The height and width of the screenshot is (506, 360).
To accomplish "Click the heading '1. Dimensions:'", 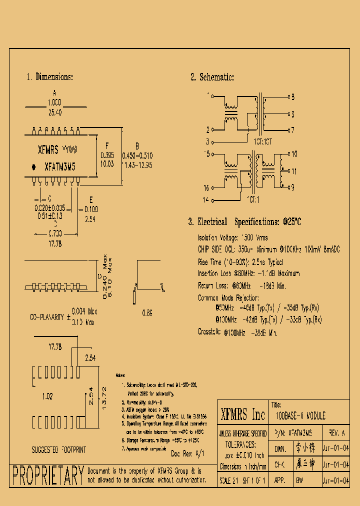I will pos(49,77).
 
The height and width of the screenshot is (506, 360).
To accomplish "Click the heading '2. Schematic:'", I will pos(211,77).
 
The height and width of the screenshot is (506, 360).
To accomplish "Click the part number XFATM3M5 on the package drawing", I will pos(60,166).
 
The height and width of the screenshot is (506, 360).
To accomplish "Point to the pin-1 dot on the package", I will pos(34,166).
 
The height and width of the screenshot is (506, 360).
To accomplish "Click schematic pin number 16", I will pos(206,188).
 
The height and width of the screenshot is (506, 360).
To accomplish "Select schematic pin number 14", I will pos(206,200).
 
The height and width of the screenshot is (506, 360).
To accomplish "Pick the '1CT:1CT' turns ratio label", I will pos(263,141).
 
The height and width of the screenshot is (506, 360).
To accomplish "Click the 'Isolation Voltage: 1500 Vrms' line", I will pos(232,237).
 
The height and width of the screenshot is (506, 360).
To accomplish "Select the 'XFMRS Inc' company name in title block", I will pos(243,414).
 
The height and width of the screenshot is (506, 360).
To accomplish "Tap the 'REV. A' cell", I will pos(336,433).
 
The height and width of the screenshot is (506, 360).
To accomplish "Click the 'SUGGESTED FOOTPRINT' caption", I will pos(58,449).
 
